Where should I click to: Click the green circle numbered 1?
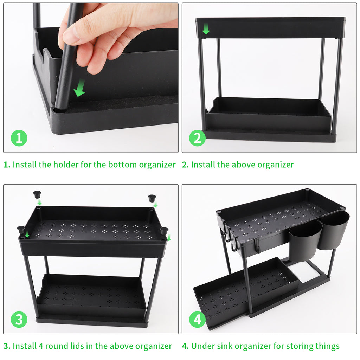[19, 138]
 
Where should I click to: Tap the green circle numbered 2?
[197, 138]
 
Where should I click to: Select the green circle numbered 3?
[19, 319]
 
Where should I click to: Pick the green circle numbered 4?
[197, 319]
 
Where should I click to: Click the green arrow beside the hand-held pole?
[80, 88]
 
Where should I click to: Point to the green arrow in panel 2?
[206, 28]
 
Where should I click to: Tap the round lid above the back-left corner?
[37, 194]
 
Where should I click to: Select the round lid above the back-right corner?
[152, 198]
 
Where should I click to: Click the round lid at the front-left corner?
[21, 230]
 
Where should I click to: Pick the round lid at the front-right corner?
[165, 231]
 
